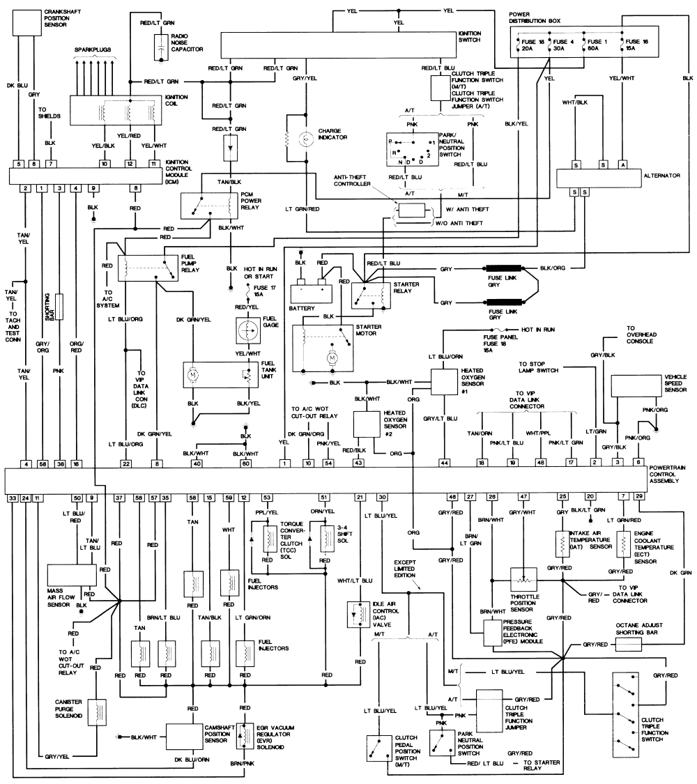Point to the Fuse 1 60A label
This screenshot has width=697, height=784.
click(593, 47)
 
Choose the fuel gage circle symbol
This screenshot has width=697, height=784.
click(245, 330)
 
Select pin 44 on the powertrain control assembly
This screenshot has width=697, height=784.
click(444, 463)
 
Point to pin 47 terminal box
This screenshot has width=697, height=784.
click(522, 496)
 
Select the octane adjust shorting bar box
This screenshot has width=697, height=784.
click(631, 645)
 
